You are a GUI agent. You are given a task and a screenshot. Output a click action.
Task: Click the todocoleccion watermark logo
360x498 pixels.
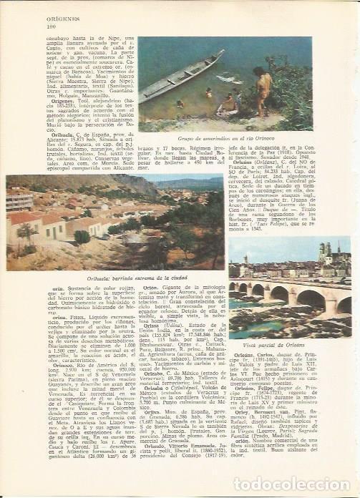point(304,483)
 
